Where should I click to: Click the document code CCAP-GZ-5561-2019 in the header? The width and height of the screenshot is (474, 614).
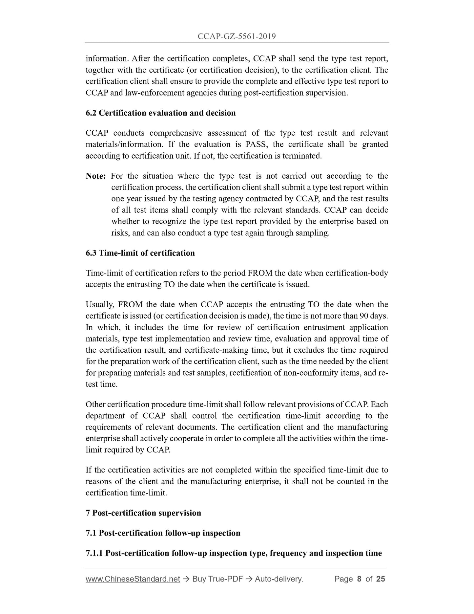[x=237, y=36]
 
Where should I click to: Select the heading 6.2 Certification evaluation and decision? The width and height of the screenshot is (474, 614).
[x=160, y=113]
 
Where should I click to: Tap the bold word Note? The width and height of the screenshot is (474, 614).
[x=95, y=176]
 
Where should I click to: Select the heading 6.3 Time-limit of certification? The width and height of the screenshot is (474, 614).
[x=140, y=253]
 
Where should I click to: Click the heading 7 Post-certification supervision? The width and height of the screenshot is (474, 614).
[x=143, y=513]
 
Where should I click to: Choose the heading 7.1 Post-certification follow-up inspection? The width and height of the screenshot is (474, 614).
[x=163, y=533]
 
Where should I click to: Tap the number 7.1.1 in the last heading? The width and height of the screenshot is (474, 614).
[x=94, y=554]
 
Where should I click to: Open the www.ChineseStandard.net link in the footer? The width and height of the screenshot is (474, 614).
[x=133, y=579]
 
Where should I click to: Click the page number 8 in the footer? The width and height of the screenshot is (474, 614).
[x=359, y=579]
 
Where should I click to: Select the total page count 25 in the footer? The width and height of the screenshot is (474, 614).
[x=381, y=579]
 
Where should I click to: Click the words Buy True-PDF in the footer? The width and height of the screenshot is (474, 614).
[x=217, y=579]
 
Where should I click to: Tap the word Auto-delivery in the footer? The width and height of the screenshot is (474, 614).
[x=278, y=579]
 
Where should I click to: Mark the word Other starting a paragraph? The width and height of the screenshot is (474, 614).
[x=95, y=405]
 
